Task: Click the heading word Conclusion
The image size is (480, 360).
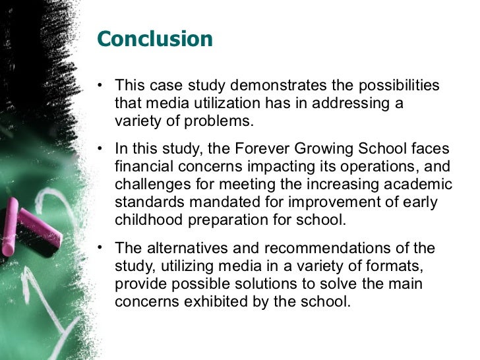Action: point(154,40)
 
